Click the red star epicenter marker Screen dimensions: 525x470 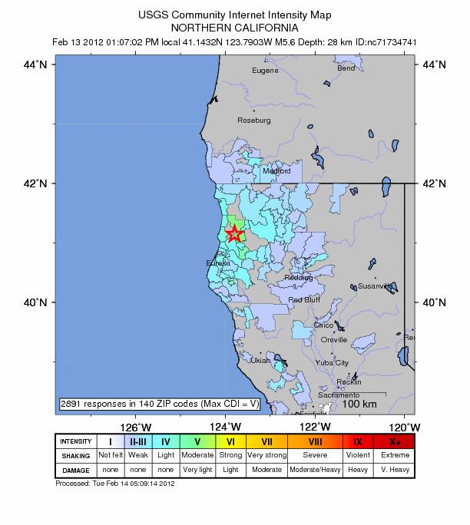(x=234, y=233)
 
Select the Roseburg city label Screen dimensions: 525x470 (x=254, y=121)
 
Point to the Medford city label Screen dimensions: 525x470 (x=276, y=171)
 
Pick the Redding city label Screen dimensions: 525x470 (x=299, y=278)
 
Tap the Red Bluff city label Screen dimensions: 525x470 (x=304, y=300)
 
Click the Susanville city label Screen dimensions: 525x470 (x=376, y=286)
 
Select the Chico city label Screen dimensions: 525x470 (x=324, y=325)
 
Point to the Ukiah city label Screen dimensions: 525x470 (x=261, y=360)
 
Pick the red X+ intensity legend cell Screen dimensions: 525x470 (x=395, y=442)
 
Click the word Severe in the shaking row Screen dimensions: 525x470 (x=315, y=455)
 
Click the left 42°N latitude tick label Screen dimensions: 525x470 (x=38, y=183)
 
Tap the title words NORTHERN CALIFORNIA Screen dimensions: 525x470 (x=234, y=26)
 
